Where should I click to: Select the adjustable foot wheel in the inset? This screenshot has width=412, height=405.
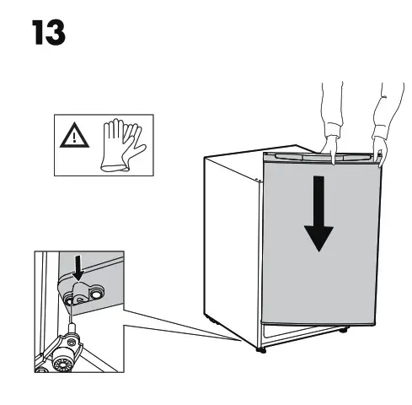click(x=63, y=359)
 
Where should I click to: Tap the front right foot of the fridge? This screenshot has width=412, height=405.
click(x=341, y=332)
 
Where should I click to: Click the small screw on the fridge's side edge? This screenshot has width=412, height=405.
click(x=259, y=180)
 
